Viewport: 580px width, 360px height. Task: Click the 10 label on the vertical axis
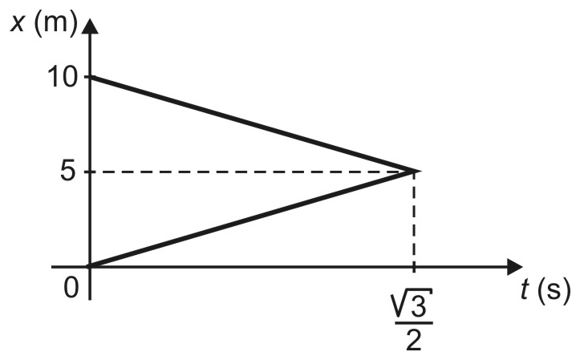pos(63,78)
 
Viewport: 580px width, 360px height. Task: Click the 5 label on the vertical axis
pos(68,172)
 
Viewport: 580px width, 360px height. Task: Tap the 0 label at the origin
pos(71,288)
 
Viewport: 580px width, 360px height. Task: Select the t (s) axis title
pos(546,291)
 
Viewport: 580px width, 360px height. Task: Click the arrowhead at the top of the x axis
pos(90,26)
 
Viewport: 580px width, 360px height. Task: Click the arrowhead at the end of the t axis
pos(513,266)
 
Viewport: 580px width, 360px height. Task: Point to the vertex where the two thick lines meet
pos(419,171)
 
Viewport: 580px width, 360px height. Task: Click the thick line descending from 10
pos(253,124)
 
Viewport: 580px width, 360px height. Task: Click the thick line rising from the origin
pos(253,219)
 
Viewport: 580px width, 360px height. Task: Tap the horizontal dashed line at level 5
pos(252,172)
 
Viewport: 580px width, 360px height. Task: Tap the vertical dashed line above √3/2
pos(414,219)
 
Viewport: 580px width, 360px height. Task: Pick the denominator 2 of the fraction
pos(414,339)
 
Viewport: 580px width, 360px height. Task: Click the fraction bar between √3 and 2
pos(414,322)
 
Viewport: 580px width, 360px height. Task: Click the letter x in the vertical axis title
pos(18,24)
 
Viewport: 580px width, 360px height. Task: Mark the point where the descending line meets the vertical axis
pos(90,77)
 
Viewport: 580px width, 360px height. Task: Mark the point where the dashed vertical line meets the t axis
pos(414,266)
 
